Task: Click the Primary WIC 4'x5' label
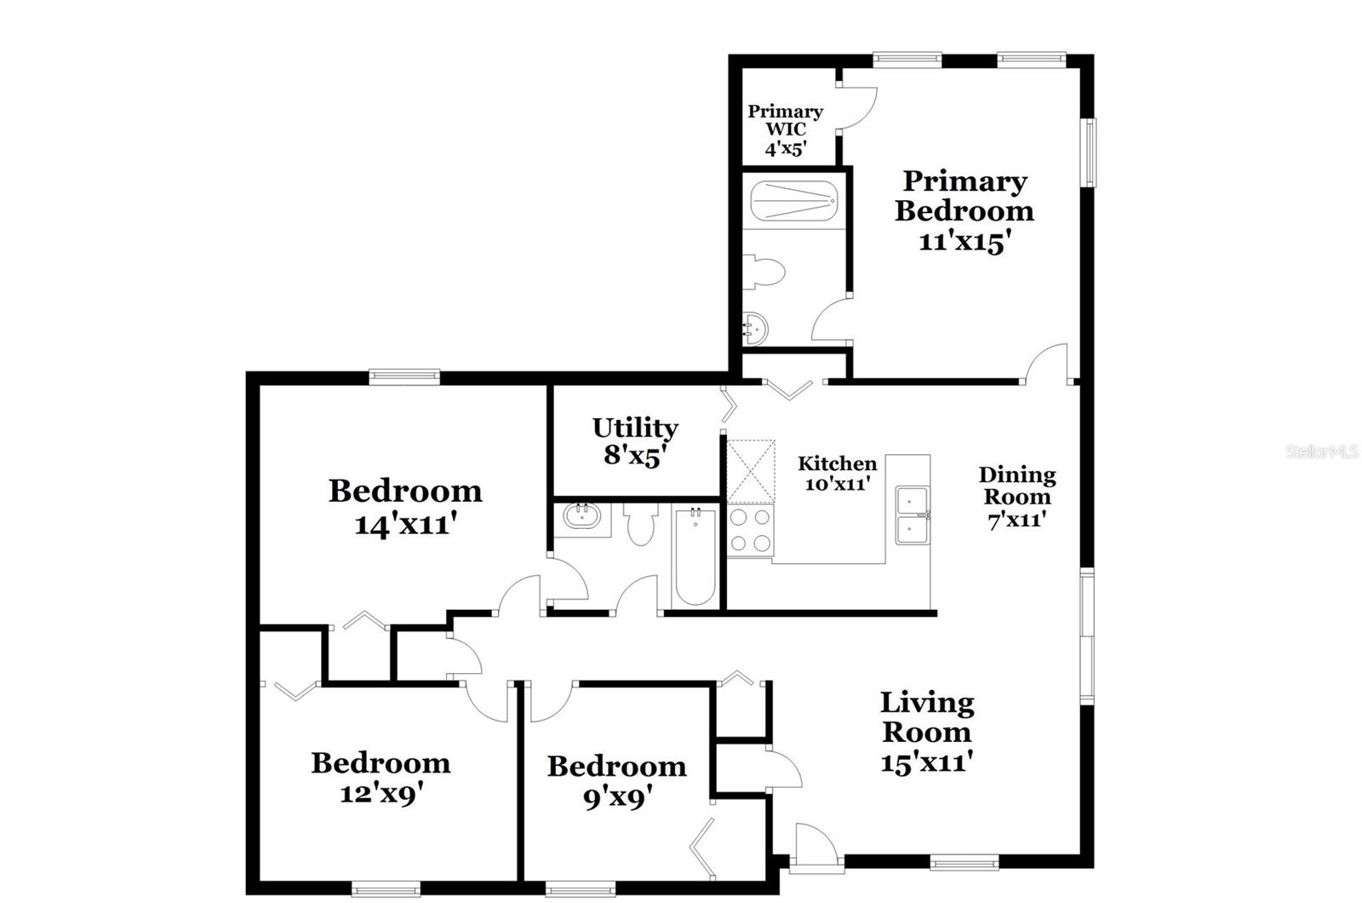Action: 785,130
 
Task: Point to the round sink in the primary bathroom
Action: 755,328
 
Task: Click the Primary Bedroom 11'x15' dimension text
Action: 964,242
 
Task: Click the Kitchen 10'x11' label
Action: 837,474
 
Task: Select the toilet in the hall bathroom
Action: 638,524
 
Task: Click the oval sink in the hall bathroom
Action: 583,516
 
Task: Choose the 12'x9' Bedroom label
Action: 381,777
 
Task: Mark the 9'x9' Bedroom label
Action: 616,781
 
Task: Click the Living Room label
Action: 926,731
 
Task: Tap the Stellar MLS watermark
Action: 1321,451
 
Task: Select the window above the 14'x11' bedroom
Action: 404,375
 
